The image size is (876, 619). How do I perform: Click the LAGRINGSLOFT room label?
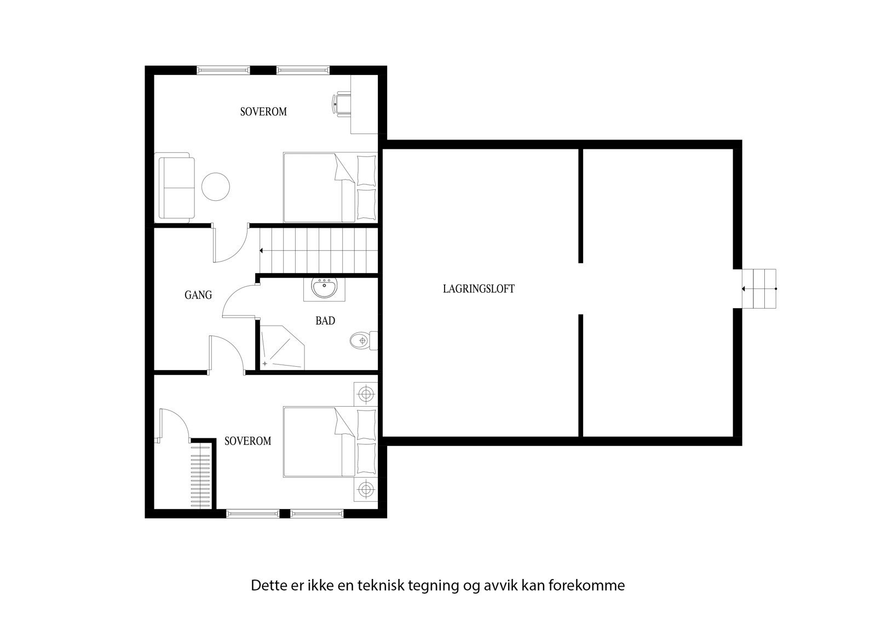pos(479,289)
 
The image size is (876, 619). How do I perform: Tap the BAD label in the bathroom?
pos(325,321)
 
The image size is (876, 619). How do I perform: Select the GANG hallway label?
pos(198,295)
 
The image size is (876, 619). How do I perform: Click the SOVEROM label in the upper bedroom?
pos(263,112)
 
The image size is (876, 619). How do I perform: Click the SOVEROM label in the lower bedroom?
pos(247,441)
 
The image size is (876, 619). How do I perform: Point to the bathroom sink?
pos(325,288)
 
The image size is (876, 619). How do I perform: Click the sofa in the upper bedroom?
pos(176,188)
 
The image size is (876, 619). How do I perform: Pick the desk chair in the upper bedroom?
pos(341,104)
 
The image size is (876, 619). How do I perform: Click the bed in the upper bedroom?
pos(328,187)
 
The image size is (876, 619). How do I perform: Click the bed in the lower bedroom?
pos(328,442)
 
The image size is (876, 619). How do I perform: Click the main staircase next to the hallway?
pos(318,250)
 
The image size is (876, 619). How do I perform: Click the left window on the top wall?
pos(223,70)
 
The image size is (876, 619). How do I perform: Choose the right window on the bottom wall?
pos(316,513)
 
